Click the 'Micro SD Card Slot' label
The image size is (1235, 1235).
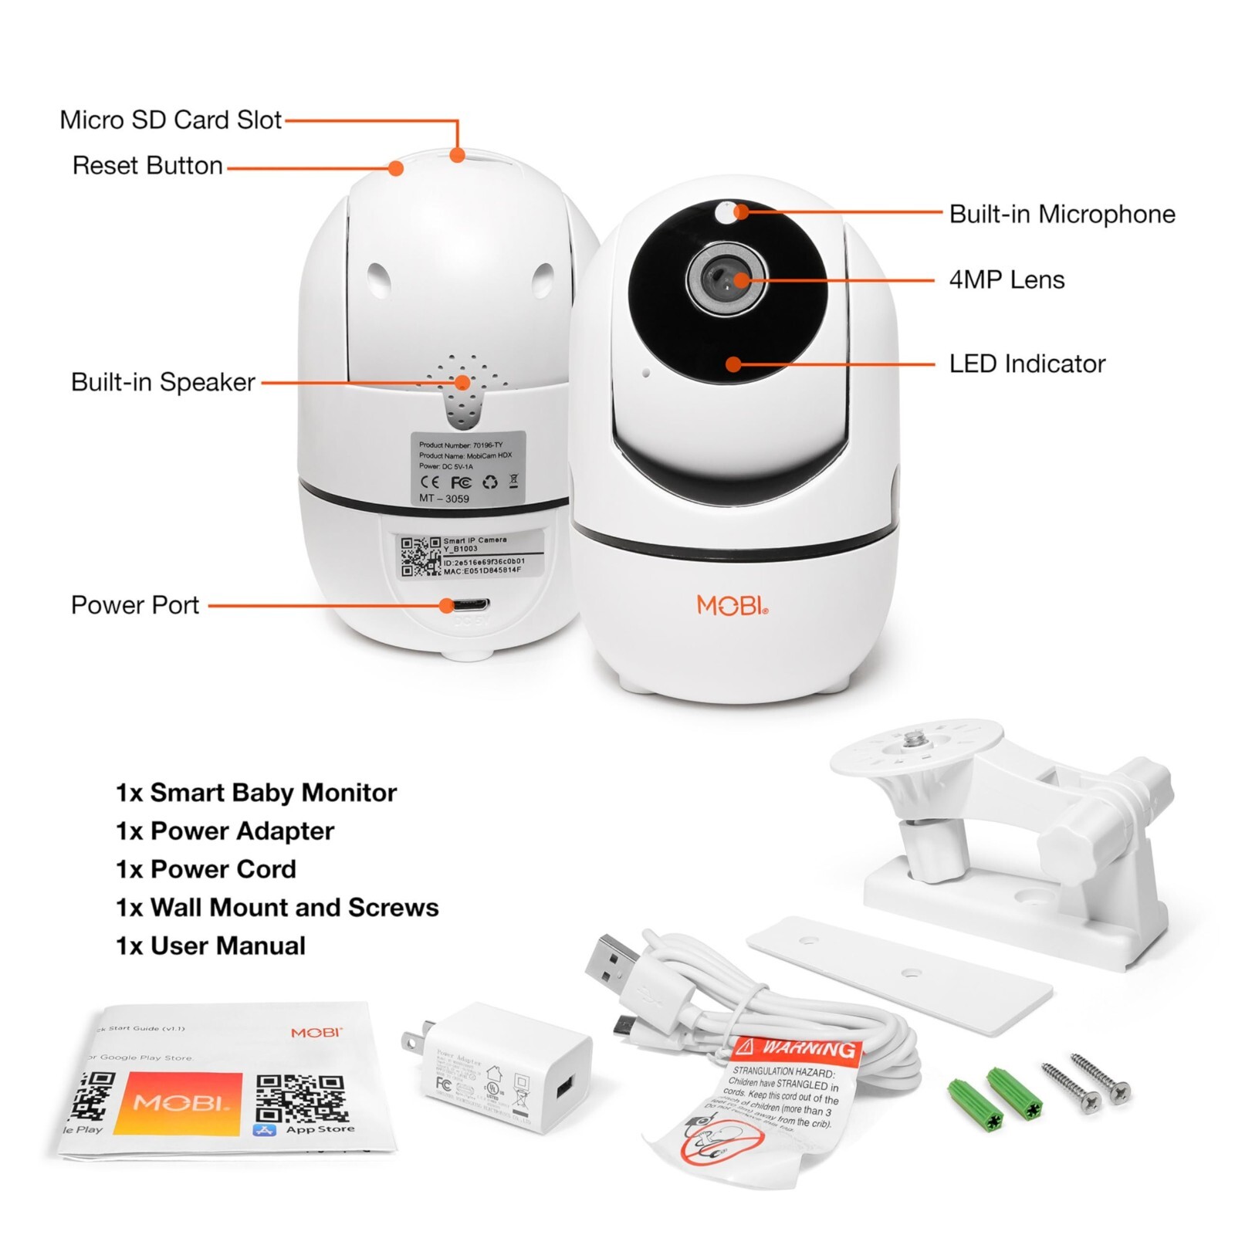[x=171, y=120]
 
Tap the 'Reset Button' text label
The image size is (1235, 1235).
[x=147, y=166]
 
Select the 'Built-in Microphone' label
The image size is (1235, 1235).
[x=1061, y=214]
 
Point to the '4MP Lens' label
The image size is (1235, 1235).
[x=1006, y=279]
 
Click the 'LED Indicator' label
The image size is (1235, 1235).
[x=1027, y=364]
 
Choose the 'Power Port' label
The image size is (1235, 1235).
[x=135, y=605]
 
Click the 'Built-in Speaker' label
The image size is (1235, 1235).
[x=163, y=382]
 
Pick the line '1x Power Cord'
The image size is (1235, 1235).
[x=206, y=869]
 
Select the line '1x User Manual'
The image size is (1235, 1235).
[x=211, y=946]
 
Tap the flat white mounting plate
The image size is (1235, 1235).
[x=899, y=974]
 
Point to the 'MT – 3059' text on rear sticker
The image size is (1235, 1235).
[x=444, y=499]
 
